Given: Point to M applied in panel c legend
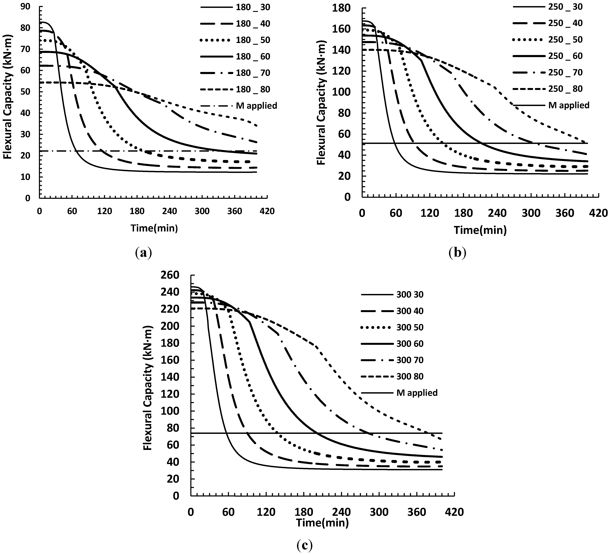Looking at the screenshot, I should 417,393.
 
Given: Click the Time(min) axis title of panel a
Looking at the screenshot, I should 154,228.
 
